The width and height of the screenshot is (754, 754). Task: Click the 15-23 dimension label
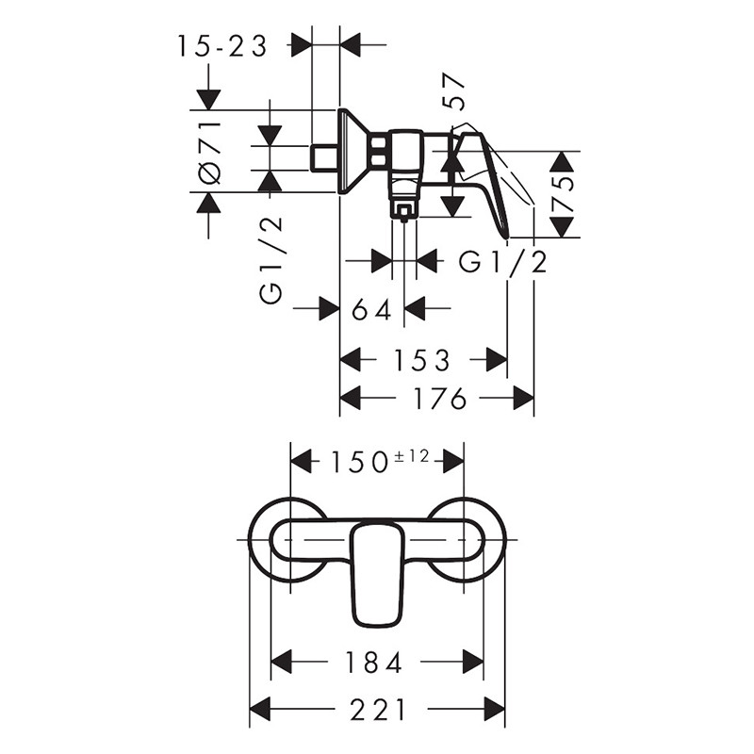[222, 47]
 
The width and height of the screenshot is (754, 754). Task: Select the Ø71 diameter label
[210, 153]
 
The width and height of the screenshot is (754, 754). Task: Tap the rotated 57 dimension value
[455, 93]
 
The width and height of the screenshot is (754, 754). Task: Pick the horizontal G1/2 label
[503, 263]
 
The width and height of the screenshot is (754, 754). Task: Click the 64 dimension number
[371, 310]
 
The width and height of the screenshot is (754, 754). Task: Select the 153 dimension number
[422, 360]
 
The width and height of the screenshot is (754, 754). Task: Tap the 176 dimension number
[440, 398]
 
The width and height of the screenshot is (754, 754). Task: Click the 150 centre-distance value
[360, 463]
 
